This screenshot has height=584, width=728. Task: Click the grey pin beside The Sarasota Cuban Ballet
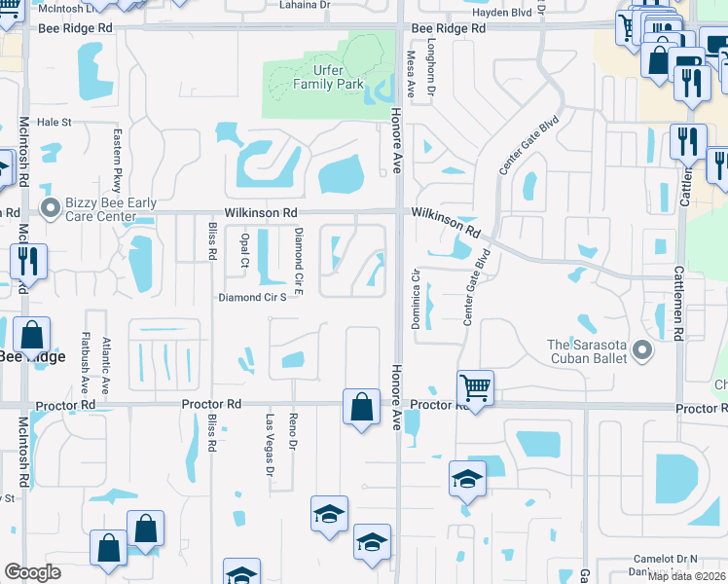640,348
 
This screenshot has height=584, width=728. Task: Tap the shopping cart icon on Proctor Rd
475,388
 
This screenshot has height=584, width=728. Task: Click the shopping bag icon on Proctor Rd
361,407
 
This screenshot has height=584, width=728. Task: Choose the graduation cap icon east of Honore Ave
467,479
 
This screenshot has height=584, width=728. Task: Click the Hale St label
55,123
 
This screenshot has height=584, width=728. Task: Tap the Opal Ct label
244,250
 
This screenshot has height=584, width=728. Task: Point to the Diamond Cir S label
252,298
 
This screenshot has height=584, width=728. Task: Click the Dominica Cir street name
416,305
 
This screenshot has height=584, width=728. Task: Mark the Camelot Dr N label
667,557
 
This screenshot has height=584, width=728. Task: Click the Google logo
32,572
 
